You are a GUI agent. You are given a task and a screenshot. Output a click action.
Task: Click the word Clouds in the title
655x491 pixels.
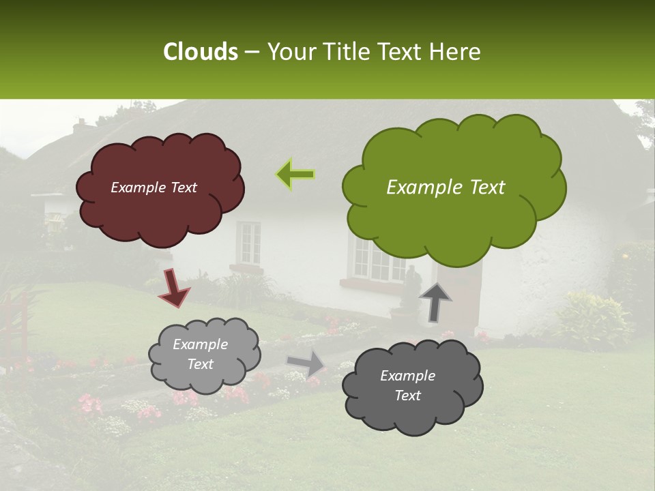click(x=201, y=52)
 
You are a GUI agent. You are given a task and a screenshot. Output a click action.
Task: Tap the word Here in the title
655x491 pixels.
click(x=456, y=52)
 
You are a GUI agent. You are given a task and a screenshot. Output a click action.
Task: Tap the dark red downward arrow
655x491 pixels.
click(x=174, y=287)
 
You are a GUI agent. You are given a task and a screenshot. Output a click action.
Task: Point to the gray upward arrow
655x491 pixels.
click(x=435, y=302)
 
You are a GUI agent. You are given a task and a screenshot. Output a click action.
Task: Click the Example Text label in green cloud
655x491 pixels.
click(x=446, y=188)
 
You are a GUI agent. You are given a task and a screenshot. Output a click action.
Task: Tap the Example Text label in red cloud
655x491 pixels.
click(x=154, y=188)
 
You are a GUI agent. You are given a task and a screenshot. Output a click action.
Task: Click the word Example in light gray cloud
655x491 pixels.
click(x=200, y=344)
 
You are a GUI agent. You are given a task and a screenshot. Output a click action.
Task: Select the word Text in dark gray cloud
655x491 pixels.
click(x=407, y=396)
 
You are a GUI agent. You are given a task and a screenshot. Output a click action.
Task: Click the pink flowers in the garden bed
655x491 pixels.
click(x=89, y=404)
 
